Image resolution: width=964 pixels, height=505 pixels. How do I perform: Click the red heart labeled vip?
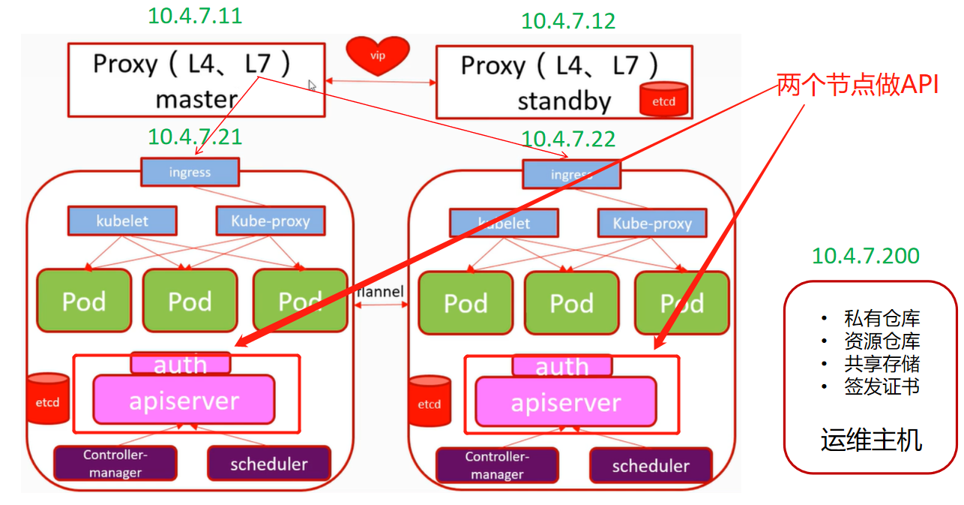click(378, 56)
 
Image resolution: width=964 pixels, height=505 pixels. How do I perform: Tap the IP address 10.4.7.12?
click(568, 20)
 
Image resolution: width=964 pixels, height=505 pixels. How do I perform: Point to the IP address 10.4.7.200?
click(866, 256)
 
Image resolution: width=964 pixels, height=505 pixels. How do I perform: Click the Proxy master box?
click(196, 80)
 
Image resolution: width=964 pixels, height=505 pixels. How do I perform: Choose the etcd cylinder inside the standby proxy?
click(663, 100)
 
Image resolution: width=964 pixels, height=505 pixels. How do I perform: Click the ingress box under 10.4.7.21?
click(190, 172)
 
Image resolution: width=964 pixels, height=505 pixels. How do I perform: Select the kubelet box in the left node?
click(123, 221)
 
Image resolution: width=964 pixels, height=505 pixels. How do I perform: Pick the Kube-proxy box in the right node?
click(652, 223)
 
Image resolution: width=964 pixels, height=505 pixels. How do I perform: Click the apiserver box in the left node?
click(184, 400)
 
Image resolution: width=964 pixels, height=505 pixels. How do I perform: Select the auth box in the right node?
click(562, 366)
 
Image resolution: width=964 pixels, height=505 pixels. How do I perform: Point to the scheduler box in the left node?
click(268, 464)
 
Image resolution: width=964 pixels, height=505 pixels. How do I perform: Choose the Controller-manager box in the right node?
click(497, 464)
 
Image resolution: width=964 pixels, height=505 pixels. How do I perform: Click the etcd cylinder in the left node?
click(47, 401)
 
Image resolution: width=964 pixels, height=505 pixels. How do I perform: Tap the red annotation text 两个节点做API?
click(858, 85)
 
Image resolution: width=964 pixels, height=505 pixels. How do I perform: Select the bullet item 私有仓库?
click(881, 319)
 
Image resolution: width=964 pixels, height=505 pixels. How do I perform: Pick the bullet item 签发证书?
click(881, 386)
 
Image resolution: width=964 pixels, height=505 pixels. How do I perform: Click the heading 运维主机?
click(871, 440)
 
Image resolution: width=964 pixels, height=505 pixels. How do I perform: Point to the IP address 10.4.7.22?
click(568, 139)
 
